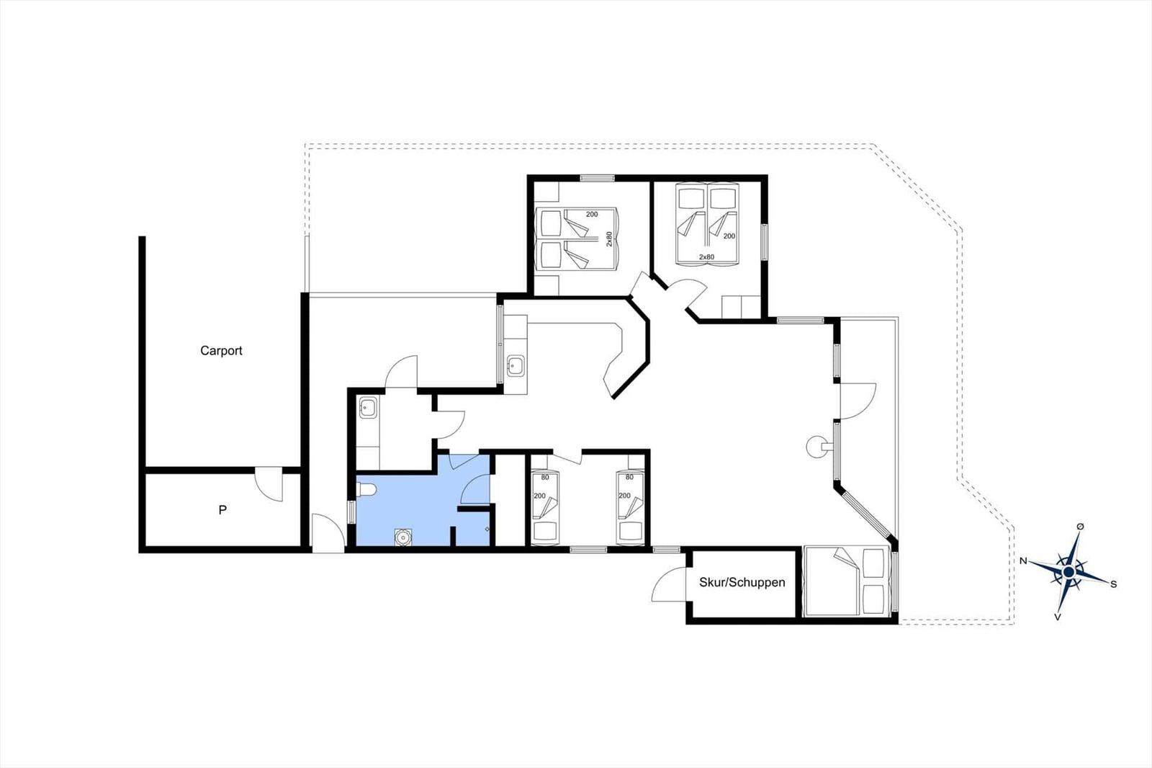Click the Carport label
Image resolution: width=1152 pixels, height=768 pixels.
point(221,351)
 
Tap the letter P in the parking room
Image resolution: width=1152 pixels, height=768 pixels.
point(222,509)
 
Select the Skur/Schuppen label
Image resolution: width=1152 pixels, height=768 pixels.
point(742,582)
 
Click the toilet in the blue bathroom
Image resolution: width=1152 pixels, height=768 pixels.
point(366,490)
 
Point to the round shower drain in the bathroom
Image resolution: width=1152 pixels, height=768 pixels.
point(402,537)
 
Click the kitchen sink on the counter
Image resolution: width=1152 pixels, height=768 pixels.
point(515,365)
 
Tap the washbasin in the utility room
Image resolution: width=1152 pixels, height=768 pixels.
point(368,408)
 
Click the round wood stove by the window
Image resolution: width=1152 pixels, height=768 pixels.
point(818,446)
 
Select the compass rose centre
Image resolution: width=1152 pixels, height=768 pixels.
point(1068,572)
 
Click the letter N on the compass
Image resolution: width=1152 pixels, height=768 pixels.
point(1023,561)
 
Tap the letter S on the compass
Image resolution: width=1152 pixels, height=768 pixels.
point(1114,584)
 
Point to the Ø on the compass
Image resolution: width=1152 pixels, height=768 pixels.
point(1081,526)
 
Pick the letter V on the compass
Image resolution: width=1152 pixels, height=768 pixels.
point(1058,617)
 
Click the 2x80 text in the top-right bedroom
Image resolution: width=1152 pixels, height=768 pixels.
point(706,257)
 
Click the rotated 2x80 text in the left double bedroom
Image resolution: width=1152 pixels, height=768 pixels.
point(609,239)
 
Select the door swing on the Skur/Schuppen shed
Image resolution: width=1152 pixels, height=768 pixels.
point(669,584)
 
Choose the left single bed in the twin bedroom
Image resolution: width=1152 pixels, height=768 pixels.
point(545,508)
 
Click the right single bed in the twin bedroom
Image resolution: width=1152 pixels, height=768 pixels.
point(631,508)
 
